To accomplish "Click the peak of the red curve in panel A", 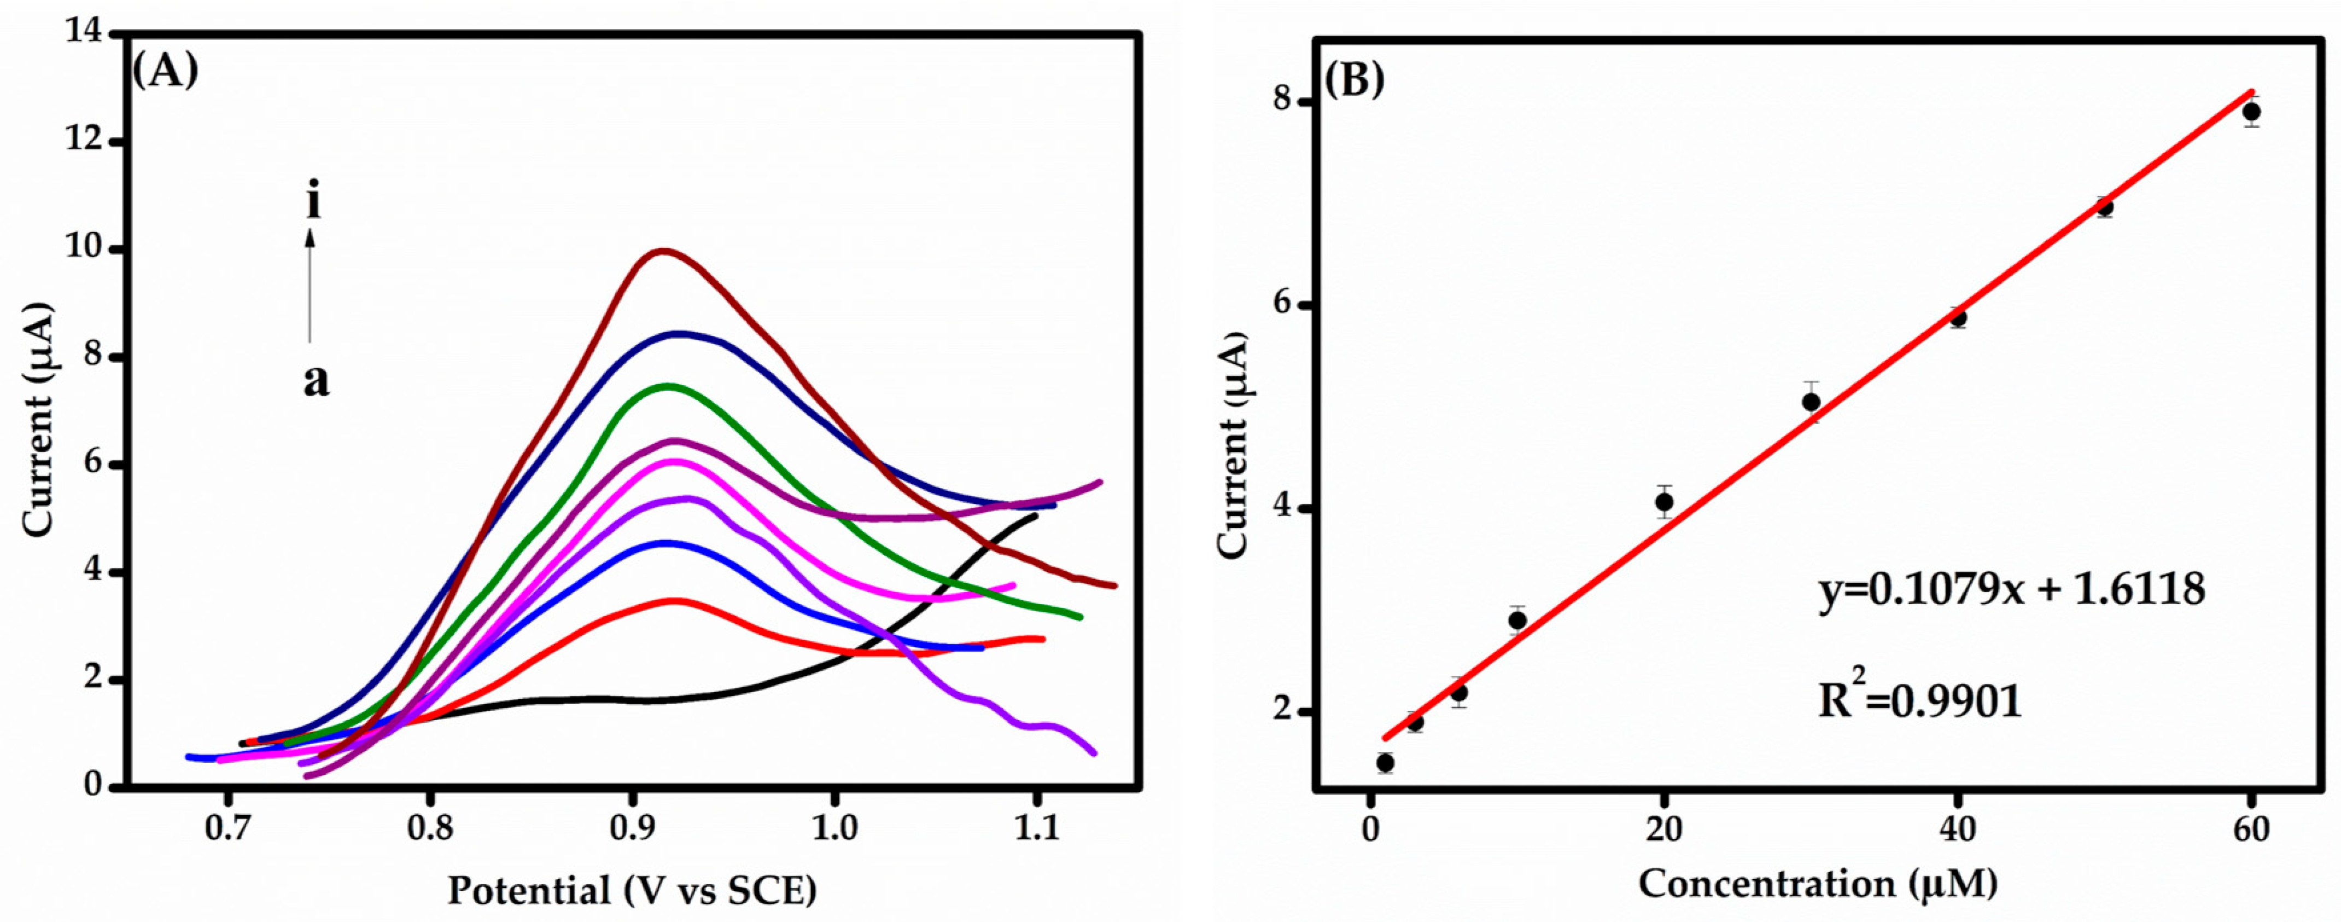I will [673, 600].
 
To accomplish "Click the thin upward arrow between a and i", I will [310, 286].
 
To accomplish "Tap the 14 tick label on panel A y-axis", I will [84, 33].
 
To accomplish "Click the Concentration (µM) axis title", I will [1818, 884].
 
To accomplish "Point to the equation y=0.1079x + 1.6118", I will [2011, 590].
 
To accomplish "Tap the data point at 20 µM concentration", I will [1664, 502].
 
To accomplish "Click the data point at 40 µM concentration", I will [1958, 317].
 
